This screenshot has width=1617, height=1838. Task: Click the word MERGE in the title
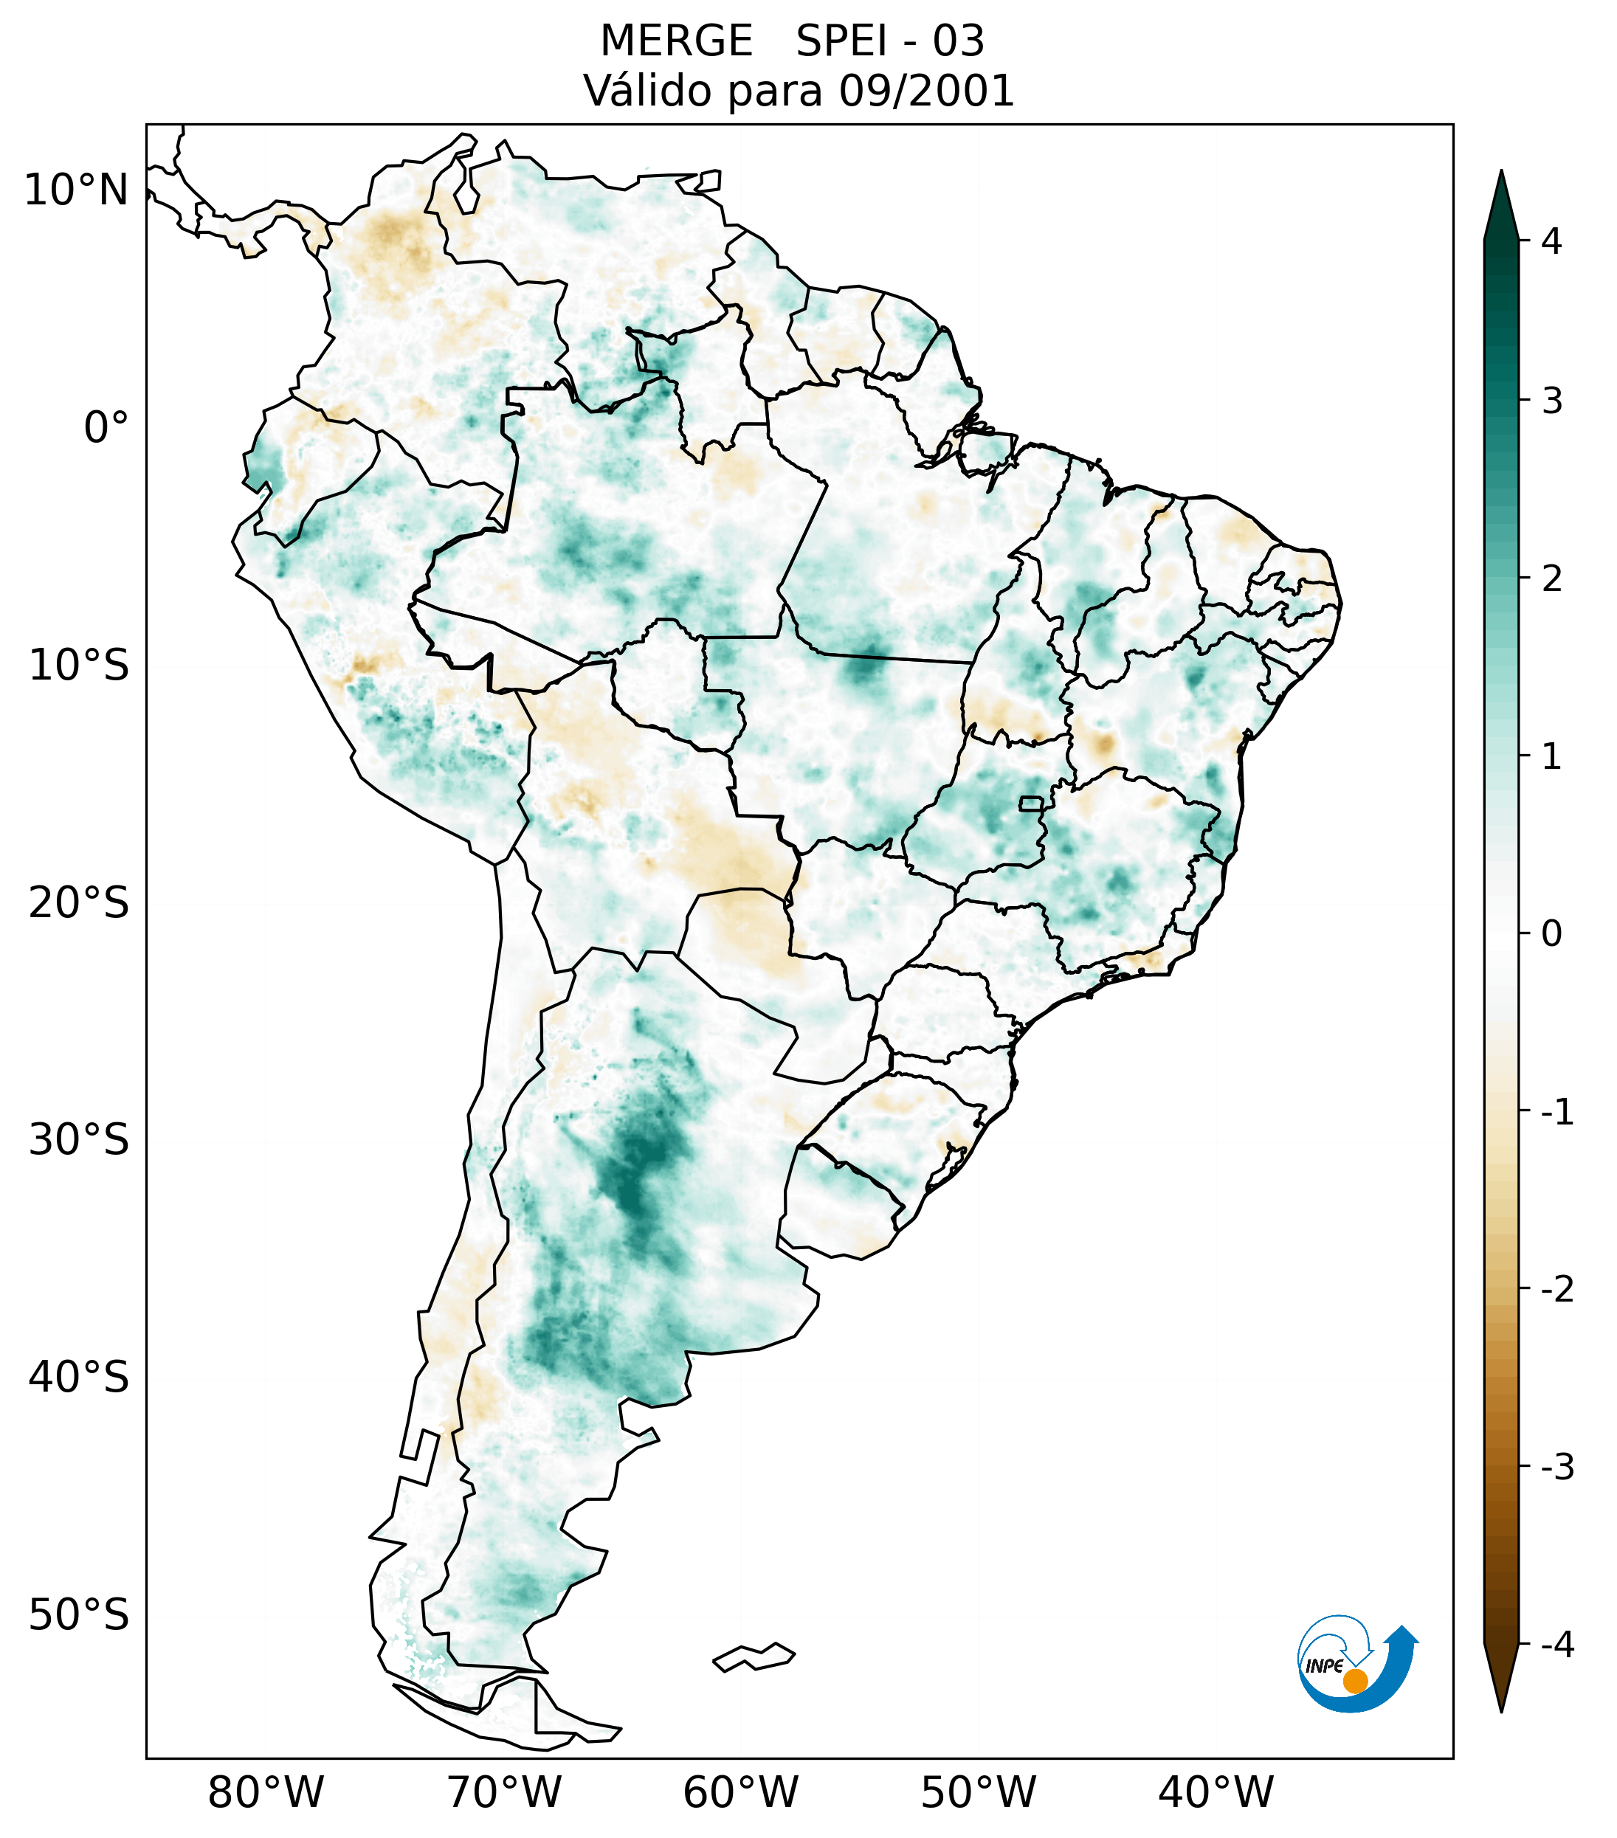click(675, 41)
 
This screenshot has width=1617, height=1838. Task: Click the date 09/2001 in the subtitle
click(926, 91)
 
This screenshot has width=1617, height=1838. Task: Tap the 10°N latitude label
click(75, 190)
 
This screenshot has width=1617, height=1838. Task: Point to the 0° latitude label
click(106, 428)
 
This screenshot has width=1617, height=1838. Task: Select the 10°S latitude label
click(79, 666)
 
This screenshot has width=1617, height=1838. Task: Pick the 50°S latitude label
click(79, 1615)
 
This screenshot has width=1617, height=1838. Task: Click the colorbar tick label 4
click(1551, 241)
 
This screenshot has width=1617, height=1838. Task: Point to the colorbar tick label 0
click(1551, 933)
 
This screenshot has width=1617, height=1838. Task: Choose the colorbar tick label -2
click(1556, 1290)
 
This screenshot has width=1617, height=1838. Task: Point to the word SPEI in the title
click(841, 41)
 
